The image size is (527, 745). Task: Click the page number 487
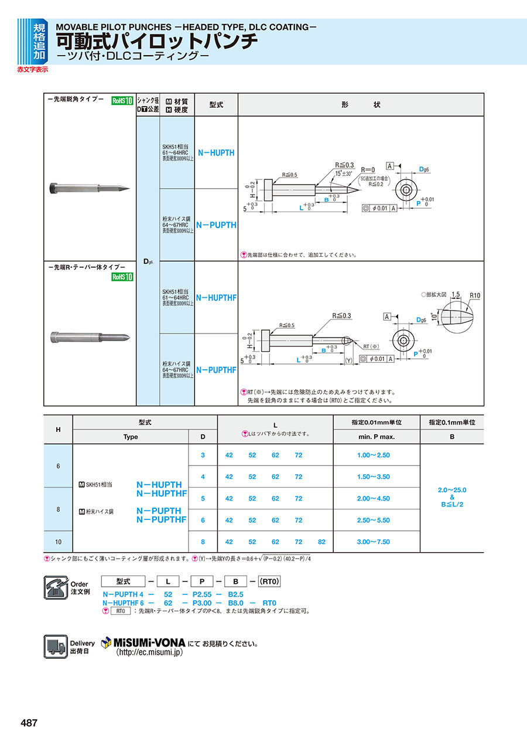[x=29, y=723]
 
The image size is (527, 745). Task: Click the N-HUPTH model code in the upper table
[x=215, y=152]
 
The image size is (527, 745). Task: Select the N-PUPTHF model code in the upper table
[x=216, y=370]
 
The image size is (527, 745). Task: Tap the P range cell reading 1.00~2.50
[x=373, y=455]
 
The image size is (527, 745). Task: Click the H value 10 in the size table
[x=58, y=542]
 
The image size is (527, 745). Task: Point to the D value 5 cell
[x=203, y=498]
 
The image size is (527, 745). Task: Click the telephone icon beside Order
[x=56, y=587]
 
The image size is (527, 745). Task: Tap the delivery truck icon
[x=56, y=646]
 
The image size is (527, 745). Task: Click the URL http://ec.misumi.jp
[x=149, y=652]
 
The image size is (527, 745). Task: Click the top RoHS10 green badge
[x=123, y=100]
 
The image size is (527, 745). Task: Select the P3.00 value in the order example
[x=199, y=603]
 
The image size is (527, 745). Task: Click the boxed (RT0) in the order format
[x=269, y=581]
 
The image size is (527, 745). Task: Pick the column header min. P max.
[x=376, y=437]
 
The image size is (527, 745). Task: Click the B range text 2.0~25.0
[x=451, y=490]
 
